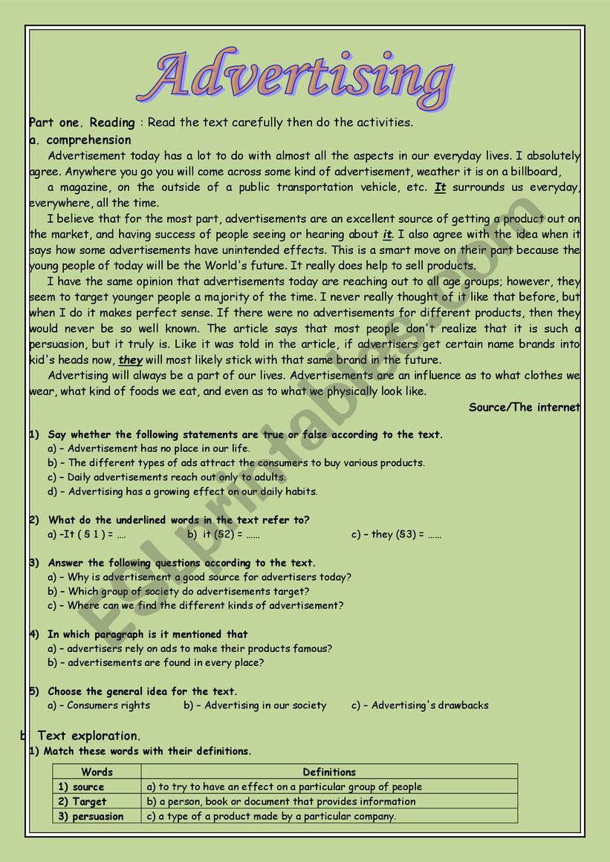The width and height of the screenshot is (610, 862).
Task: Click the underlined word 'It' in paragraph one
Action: [440, 188]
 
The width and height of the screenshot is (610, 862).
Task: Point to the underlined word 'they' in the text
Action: [130, 360]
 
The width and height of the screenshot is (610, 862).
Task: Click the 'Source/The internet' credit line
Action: [524, 407]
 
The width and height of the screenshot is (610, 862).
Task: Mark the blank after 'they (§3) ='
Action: [435, 535]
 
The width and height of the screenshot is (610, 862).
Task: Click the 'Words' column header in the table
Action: [97, 772]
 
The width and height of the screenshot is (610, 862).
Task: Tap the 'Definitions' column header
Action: [329, 772]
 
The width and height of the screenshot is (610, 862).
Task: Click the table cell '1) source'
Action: [81, 787]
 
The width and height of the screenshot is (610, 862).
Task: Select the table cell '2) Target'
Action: [82, 802]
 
